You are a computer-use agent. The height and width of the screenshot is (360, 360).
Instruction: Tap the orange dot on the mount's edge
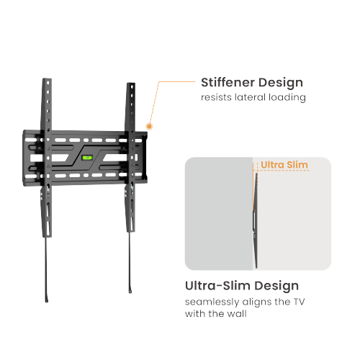point(149,126)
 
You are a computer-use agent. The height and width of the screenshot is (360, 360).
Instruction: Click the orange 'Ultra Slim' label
point(284,165)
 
